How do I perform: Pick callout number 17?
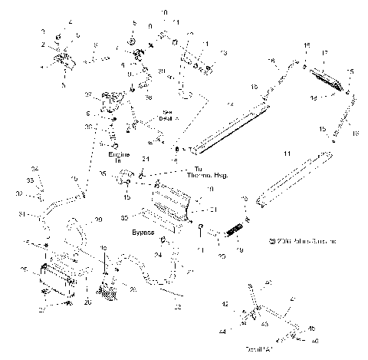tap(326, 54)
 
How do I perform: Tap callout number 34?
tap(34, 169)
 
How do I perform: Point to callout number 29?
tap(97, 220)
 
